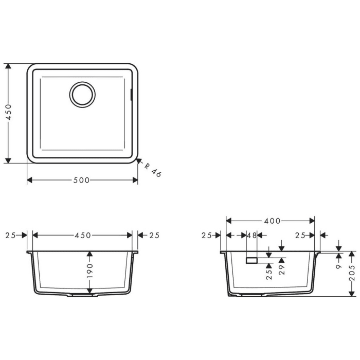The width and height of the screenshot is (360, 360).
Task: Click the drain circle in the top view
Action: pyautogui.click(x=82, y=94)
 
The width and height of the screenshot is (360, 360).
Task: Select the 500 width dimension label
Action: pyautogui.click(x=81, y=180)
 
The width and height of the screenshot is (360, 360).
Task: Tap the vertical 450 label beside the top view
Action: pyautogui.click(x=8, y=113)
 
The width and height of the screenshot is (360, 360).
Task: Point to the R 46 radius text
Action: pyautogui.click(x=153, y=170)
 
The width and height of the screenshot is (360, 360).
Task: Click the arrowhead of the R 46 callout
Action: pyautogui.click(x=139, y=160)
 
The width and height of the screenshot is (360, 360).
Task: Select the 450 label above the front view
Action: pyautogui.click(x=82, y=235)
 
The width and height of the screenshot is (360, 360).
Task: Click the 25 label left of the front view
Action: pyautogui.click(x=10, y=235)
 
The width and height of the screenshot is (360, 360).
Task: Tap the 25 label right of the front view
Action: pyautogui.click(x=154, y=235)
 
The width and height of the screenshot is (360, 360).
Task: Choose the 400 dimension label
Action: pyautogui.click(x=272, y=221)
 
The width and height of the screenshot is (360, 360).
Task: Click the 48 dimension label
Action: pyautogui.click(x=251, y=235)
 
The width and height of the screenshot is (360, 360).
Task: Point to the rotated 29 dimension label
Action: pyautogui.click(x=281, y=269)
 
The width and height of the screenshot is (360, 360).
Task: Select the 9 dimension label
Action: pyautogui.click(x=339, y=266)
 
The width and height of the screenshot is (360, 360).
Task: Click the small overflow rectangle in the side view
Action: pyautogui.click(x=251, y=261)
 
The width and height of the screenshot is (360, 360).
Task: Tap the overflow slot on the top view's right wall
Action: pyautogui.click(x=132, y=95)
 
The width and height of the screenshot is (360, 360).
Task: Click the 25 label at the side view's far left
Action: pyautogui.click(x=206, y=235)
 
